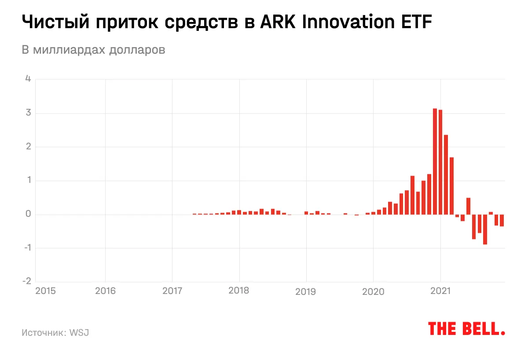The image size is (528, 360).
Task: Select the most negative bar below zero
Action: tap(485, 229)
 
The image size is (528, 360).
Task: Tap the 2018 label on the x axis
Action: tap(239, 291)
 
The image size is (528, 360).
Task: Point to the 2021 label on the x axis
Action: tap(440, 291)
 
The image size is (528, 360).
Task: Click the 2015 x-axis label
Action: tap(45, 291)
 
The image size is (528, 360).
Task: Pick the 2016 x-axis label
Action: tap(105, 291)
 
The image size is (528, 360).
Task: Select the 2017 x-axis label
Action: tap(172, 291)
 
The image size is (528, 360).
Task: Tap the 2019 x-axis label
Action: tap(306, 291)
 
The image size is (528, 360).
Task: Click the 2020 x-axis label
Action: tap(373, 291)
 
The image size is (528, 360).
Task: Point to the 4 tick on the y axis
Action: tap(28, 79)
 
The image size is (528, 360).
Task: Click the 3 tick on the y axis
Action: tap(28, 113)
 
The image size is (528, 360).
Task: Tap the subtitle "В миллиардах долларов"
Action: tap(93, 50)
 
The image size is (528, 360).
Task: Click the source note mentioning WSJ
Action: tap(55, 332)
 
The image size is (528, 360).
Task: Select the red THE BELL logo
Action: tap(466, 329)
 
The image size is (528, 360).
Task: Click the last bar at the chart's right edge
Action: tap(502, 220)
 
